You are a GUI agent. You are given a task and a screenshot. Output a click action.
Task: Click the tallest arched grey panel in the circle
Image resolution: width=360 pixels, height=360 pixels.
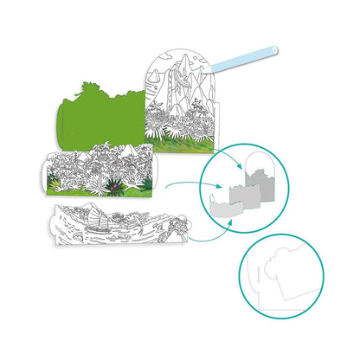tap(263, 177)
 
